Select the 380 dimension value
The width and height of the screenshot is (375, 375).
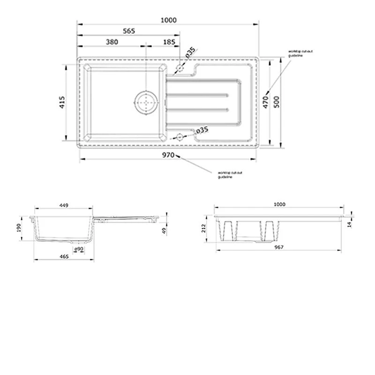coord(112,42)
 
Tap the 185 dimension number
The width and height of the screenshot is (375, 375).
coord(170,42)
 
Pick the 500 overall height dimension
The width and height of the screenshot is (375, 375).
coord(277,102)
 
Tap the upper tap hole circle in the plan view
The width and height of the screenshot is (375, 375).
coord(179,68)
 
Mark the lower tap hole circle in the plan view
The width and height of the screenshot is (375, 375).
coord(179,137)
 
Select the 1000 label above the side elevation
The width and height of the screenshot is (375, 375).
coord(279,204)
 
